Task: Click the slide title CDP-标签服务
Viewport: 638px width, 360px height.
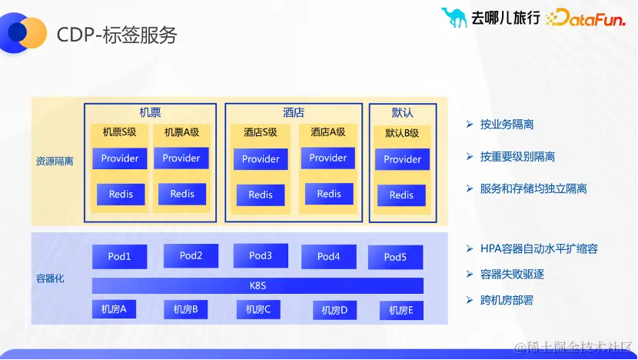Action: tap(117, 35)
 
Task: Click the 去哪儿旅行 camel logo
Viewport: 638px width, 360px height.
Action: tap(454, 17)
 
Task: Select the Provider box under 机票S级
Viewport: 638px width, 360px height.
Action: tap(120, 158)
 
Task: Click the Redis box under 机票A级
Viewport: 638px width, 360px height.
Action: tap(182, 194)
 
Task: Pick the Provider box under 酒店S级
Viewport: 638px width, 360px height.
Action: tap(261, 159)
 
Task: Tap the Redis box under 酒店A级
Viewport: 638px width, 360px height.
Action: tap(328, 194)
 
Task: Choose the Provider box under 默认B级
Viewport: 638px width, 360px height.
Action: tap(402, 159)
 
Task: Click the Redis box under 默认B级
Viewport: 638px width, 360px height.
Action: tap(401, 195)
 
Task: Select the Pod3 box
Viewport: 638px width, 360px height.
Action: tap(261, 255)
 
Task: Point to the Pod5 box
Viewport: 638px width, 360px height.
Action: tap(395, 257)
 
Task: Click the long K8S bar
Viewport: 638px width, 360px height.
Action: tap(258, 285)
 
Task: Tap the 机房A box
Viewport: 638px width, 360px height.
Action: tap(114, 309)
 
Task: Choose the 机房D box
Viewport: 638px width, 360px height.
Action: tap(334, 310)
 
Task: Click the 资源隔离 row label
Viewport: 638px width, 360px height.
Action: tap(55, 162)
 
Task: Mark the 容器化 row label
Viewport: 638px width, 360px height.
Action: tap(50, 278)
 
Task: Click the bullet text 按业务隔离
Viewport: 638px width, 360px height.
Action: tap(507, 124)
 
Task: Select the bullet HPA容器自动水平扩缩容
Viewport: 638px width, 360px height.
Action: tap(538, 248)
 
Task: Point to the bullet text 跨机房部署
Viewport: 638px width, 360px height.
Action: tap(507, 300)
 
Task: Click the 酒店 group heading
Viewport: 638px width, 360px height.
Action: tap(294, 112)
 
